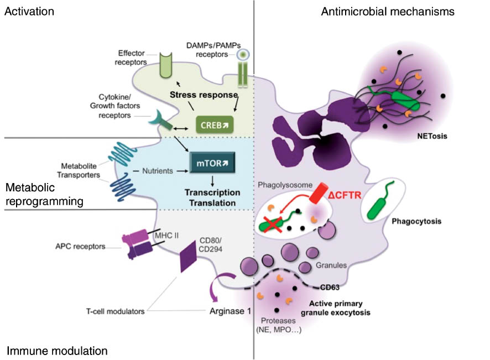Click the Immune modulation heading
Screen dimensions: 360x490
coord(57,351)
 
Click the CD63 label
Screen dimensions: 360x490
coord(331,287)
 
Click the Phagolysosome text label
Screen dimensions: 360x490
coord(283,185)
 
